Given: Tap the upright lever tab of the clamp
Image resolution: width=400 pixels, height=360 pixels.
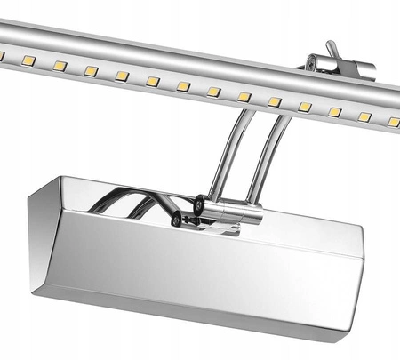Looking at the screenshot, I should pos(332,48).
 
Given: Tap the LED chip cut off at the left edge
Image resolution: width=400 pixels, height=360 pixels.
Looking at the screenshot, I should pos(2,55).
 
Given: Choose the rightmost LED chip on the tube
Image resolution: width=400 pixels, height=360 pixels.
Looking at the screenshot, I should pos(392,122).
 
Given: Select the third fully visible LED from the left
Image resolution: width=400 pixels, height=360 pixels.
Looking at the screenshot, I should pos(91,70).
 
